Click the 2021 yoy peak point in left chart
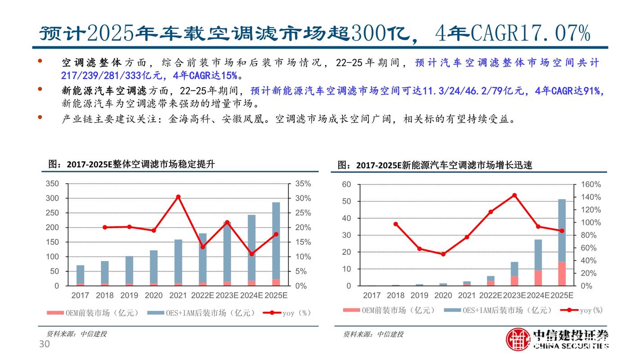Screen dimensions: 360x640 pos(178,197)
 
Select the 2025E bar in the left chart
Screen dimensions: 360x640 pos(275,243)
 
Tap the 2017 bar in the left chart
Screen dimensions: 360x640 pos(80,275)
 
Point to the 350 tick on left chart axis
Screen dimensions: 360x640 pos(53,184)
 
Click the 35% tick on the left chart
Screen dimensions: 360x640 pos(302,184)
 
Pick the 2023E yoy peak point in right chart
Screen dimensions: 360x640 pos(514,195)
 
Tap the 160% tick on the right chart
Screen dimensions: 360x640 pos(591,184)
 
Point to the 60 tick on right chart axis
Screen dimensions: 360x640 pos(346,184)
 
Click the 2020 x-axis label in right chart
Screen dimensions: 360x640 pos(443,296)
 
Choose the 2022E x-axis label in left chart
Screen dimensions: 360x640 pos(202,296)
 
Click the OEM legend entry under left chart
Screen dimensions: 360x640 pos(93,313)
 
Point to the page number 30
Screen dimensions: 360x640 pos(44,345)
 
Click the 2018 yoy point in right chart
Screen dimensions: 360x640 pos(396,224)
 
